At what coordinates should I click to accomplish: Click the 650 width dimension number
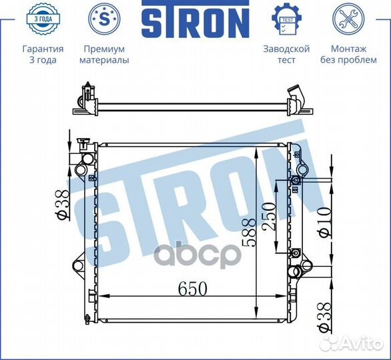tap(193, 289)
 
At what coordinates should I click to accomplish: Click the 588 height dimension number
tap(250, 233)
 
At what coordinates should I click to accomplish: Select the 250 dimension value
tap(269, 216)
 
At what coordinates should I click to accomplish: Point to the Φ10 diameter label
tap(325, 222)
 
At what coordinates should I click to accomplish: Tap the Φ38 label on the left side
tap(61, 205)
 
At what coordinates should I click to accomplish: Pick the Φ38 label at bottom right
tap(325, 317)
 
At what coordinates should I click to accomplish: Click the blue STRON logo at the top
tap(195, 19)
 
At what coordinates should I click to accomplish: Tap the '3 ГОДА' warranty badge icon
tap(43, 19)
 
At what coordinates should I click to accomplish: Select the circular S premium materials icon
tap(104, 19)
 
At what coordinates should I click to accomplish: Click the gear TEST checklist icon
tap(286, 19)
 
